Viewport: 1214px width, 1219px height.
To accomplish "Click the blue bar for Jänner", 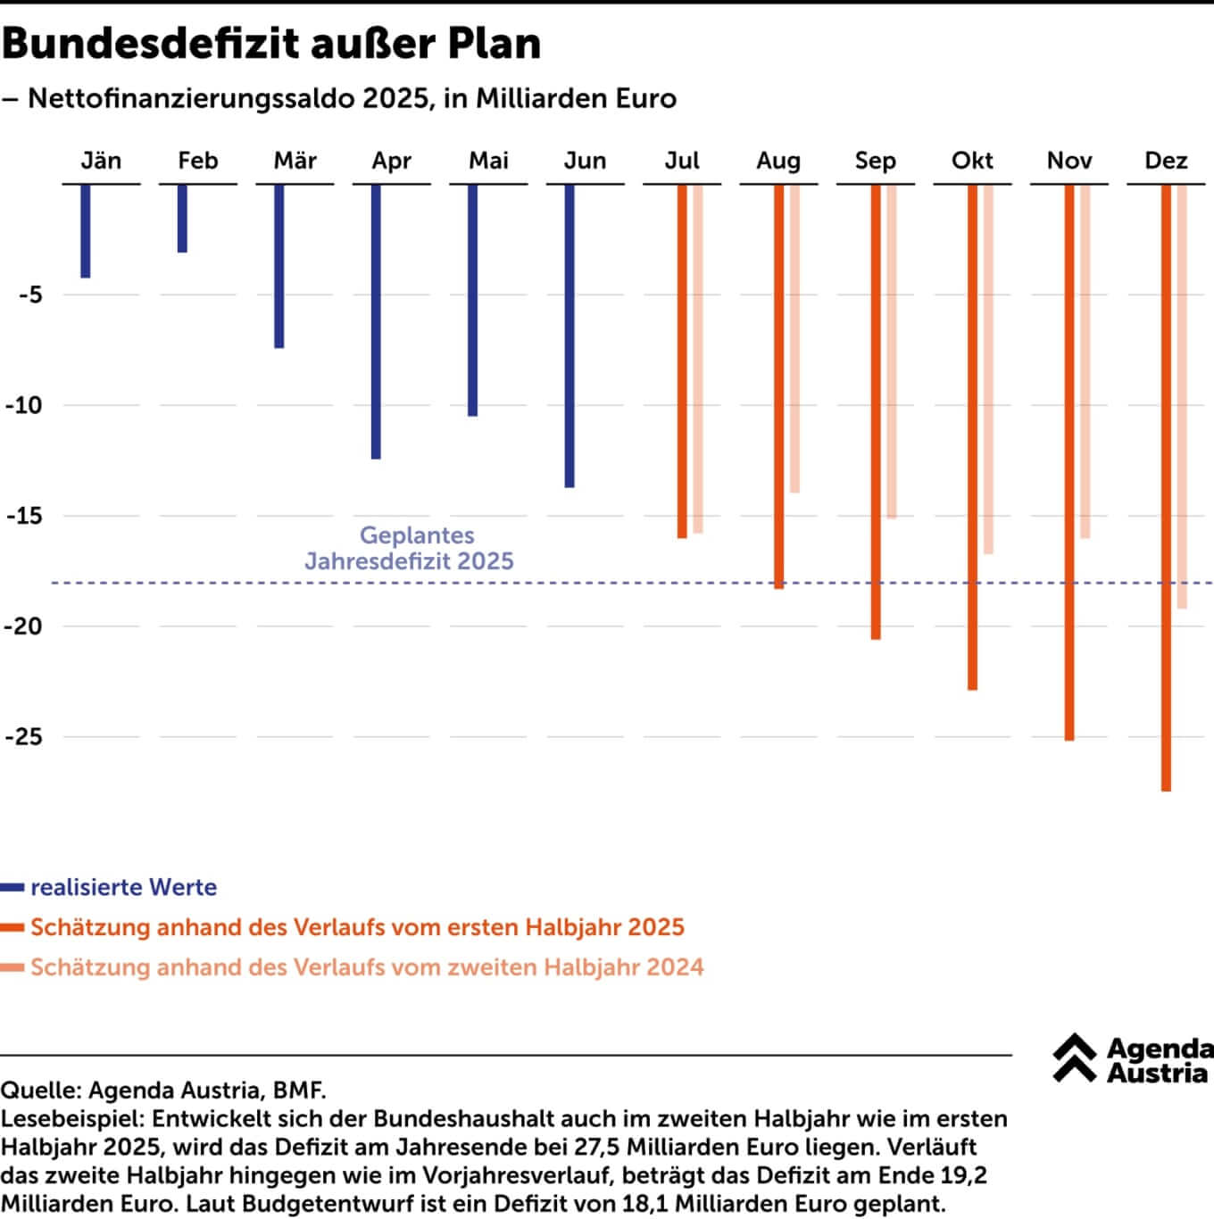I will pyautogui.click(x=86, y=231).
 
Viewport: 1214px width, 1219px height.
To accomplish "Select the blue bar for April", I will pyautogui.click(x=376, y=321).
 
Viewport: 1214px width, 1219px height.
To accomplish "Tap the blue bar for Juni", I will pyautogui.click(x=570, y=336).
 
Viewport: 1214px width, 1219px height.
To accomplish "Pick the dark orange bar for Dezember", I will pyautogui.click(x=1166, y=487).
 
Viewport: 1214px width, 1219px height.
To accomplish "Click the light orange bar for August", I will pyautogui.click(x=794, y=338).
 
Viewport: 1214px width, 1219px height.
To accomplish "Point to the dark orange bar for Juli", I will pyautogui.click(x=682, y=361).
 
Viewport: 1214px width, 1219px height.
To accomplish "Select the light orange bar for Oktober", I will pyautogui.click(x=988, y=369).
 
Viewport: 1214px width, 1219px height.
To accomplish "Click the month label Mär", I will pyautogui.click(x=295, y=161).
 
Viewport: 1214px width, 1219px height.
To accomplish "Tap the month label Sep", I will pyautogui.click(x=875, y=161).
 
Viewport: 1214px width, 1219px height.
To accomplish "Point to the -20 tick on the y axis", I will pyautogui.click(x=24, y=626).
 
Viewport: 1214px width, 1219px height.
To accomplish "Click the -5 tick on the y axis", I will pyautogui.click(x=30, y=294).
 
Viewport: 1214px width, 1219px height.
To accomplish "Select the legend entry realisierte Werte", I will pyautogui.click(x=123, y=887).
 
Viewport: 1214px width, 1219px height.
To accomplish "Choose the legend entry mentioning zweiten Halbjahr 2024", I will pyautogui.click(x=367, y=967).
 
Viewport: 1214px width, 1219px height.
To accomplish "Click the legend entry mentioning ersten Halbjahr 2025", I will pyautogui.click(x=357, y=927).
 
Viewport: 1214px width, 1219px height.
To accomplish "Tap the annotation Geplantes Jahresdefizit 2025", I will pyautogui.click(x=410, y=548).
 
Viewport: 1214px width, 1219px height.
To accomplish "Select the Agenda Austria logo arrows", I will pyautogui.click(x=1074, y=1058).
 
